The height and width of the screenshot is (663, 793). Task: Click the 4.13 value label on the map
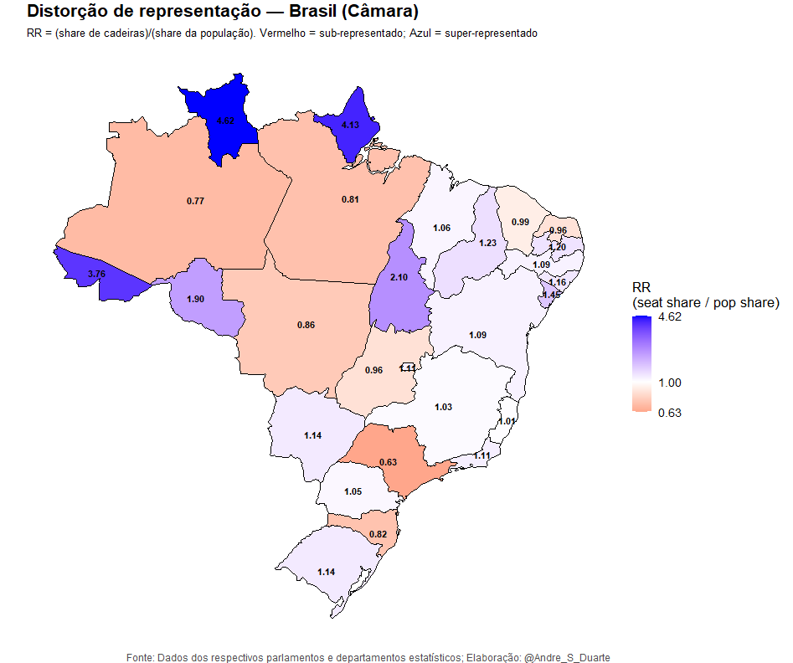350,126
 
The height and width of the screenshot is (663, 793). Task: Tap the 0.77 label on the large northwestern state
195,201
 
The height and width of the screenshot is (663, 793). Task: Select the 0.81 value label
351,199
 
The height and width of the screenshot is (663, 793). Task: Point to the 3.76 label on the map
96,274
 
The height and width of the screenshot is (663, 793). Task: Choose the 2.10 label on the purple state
399,278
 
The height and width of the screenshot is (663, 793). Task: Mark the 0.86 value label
306,324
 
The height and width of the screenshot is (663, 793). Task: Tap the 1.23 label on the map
488,243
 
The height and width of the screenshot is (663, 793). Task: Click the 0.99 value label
520,222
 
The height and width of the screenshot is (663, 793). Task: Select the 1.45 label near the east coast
551,295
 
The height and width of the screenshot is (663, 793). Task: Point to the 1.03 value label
443,407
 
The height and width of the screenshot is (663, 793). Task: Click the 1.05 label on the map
353,491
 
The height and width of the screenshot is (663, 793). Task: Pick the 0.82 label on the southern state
378,534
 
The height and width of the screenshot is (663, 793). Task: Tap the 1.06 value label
441,228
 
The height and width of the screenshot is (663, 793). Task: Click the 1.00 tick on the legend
670,383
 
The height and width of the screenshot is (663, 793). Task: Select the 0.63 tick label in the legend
670,412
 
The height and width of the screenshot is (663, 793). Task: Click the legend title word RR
641,287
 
